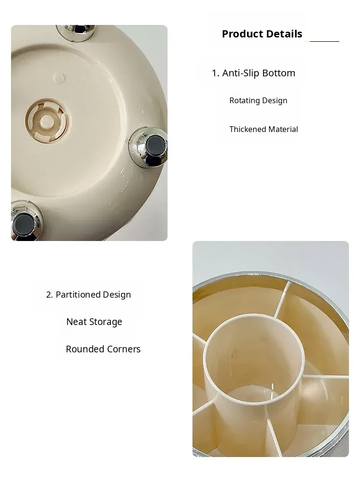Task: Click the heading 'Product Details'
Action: [x=262, y=34]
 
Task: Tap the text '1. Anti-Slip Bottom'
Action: [x=253, y=73]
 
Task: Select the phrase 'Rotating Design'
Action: [x=258, y=100]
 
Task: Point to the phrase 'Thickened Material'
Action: [x=264, y=129]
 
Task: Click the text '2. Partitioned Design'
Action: [x=88, y=294]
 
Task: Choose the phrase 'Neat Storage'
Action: [x=94, y=322]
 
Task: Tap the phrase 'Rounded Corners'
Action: [x=103, y=349]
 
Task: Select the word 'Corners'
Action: [x=123, y=349]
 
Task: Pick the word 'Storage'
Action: [x=106, y=322]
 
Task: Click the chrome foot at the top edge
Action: [x=76, y=31]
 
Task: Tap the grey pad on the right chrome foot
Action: [x=155, y=146]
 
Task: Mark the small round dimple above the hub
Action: [x=59, y=78]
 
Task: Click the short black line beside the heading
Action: [x=324, y=41]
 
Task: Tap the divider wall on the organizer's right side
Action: [x=326, y=376]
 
